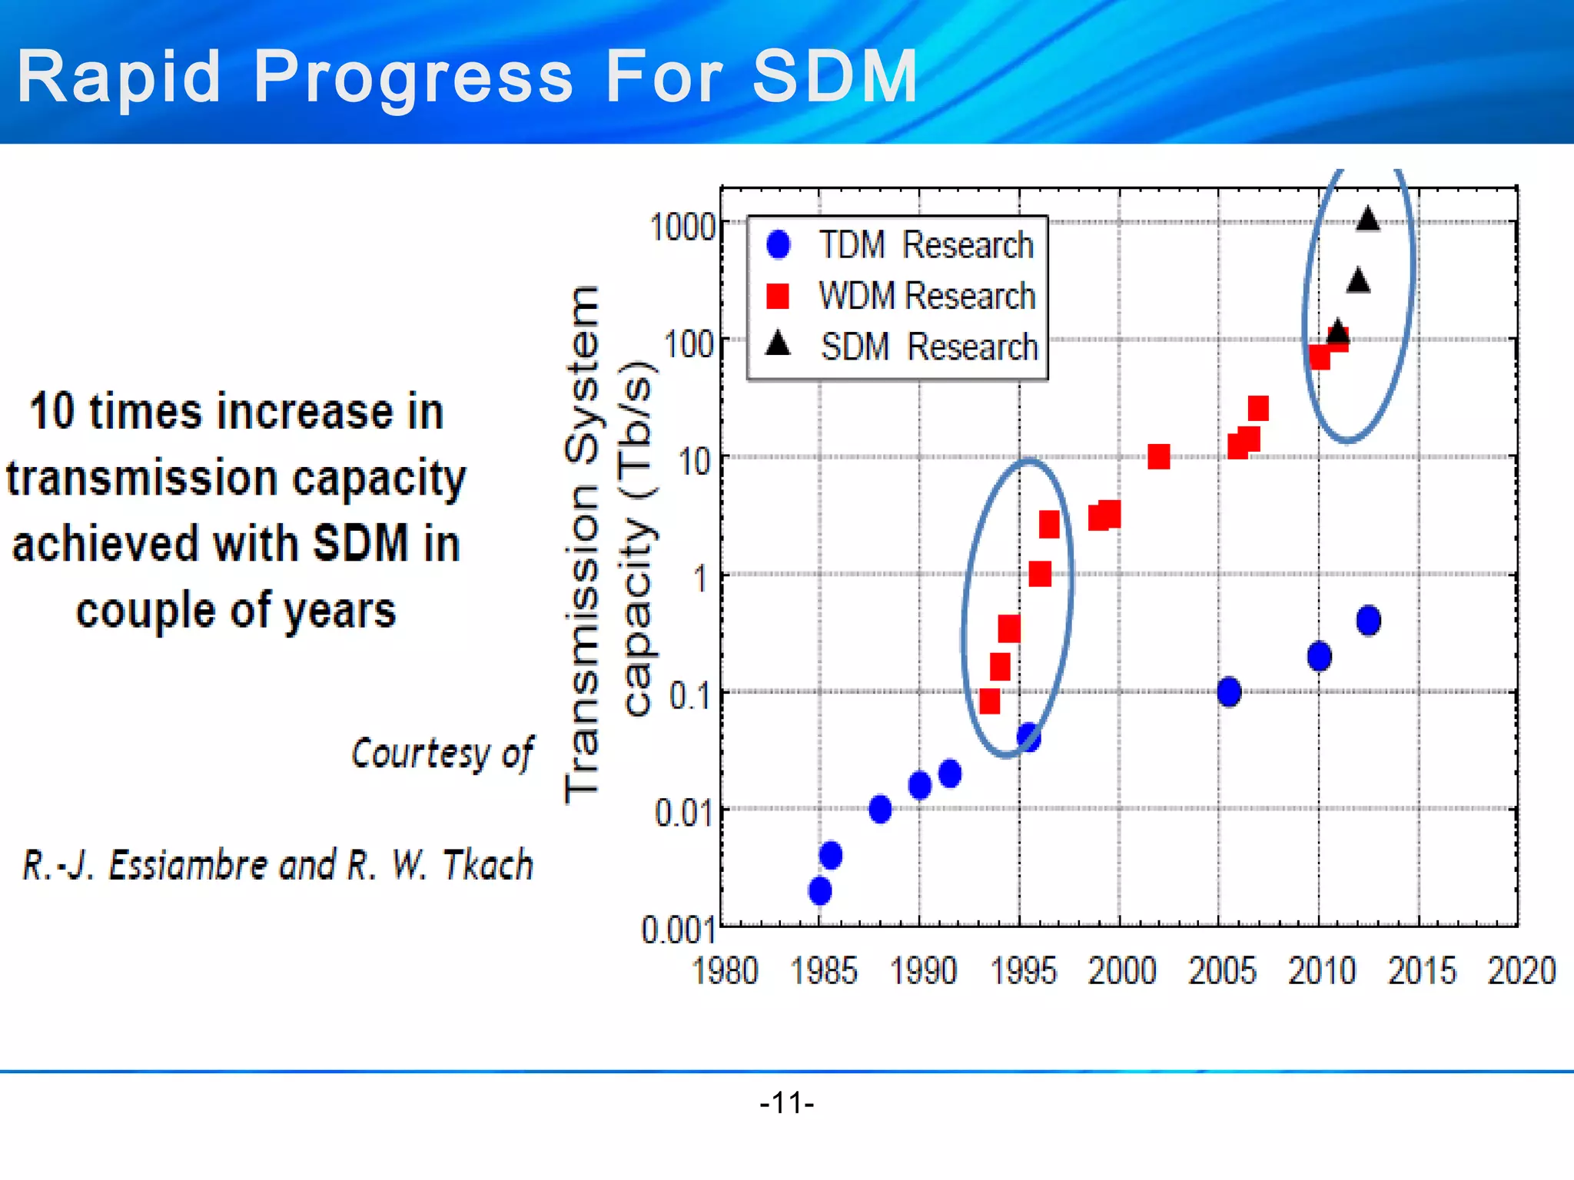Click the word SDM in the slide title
tap(835, 76)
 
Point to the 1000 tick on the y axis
tap(682, 227)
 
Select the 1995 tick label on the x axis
tap(1023, 971)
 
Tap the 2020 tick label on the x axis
tap(1521, 971)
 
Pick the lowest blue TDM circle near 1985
tap(820, 891)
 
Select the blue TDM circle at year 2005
tap(1229, 691)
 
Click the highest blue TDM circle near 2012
tap(1368, 620)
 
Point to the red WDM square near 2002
tap(1158, 457)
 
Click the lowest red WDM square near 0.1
tap(990, 701)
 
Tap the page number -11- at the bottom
tap(786, 1103)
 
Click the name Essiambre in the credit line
tap(188, 866)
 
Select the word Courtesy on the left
tap(420, 753)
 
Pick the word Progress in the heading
tap(413, 76)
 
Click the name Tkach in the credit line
tap(488, 866)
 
